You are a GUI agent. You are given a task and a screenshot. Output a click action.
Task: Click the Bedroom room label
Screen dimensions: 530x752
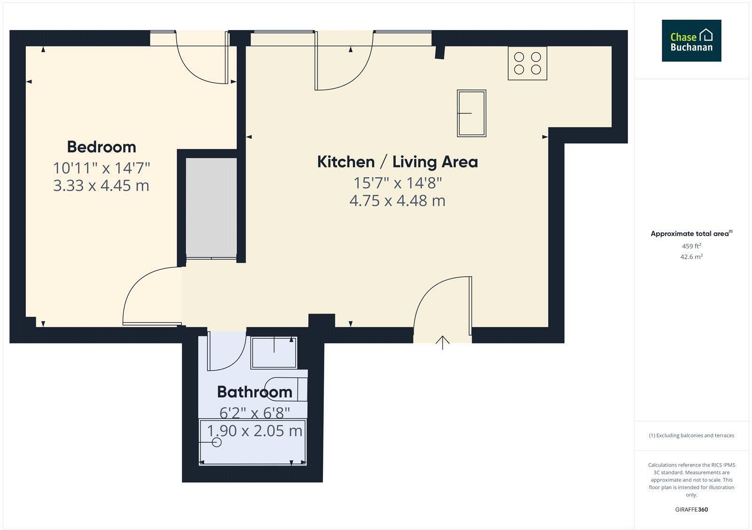point(102,147)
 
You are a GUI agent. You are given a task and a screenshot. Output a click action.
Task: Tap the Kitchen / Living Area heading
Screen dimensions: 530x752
point(397,162)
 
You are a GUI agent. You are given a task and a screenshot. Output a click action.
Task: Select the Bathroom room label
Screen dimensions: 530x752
point(254,391)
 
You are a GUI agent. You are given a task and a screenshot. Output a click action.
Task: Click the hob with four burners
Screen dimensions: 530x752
point(527,63)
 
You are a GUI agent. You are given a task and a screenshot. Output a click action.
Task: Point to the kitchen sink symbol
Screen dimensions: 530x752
point(471,113)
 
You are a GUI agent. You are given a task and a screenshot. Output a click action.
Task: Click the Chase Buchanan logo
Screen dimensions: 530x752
point(691,41)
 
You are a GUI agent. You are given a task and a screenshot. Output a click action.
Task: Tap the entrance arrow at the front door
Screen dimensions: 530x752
point(442,342)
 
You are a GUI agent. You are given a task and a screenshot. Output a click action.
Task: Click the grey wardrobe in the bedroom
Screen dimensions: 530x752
point(211,208)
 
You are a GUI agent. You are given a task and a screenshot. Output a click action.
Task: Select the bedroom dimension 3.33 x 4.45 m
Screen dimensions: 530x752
point(101,185)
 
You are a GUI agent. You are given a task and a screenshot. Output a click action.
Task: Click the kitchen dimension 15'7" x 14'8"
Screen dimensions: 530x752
point(397,182)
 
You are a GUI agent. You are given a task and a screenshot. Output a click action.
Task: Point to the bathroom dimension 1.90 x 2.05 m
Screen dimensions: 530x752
point(255,430)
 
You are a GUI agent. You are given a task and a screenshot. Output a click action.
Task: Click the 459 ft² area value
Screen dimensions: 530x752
point(691,246)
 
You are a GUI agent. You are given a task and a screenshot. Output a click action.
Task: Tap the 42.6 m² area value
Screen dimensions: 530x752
point(691,257)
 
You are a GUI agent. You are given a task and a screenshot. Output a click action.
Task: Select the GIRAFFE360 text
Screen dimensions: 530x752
point(691,509)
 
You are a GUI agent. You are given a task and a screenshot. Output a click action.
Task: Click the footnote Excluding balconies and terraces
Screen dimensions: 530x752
point(691,436)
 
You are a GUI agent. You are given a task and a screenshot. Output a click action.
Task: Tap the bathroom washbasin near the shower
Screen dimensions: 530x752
point(287,388)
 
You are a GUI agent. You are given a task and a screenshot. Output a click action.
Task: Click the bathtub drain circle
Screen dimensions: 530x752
point(217,442)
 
